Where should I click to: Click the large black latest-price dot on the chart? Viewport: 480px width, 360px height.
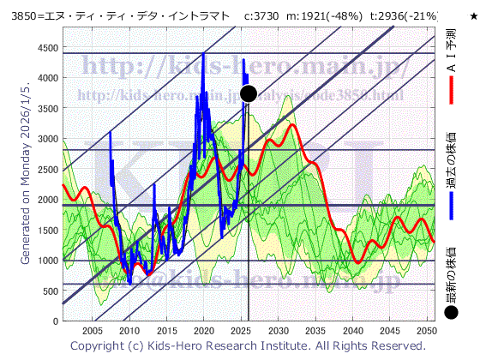click(x=249, y=93)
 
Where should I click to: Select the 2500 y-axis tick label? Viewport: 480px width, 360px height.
click(x=44, y=169)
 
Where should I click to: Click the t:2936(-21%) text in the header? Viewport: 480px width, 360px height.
click(x=403, y=16)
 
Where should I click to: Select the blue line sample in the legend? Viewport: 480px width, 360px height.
click(x=452, y=205)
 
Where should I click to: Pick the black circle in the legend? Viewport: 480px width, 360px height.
click(x=452, y=314)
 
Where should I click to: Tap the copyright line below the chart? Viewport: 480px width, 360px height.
click(x=248, y=346)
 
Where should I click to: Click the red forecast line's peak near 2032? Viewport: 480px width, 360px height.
click(x=293, y=125)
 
